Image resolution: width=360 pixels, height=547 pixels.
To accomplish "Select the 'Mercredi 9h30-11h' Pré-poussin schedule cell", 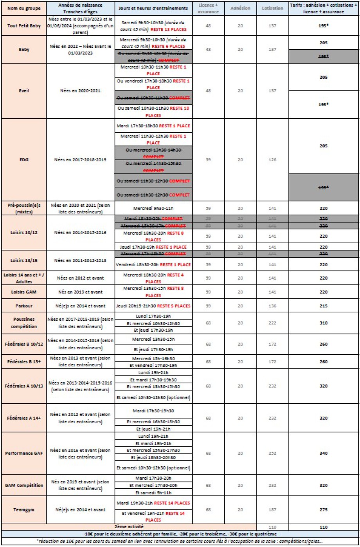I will pyautogui.click(x=153, y=209).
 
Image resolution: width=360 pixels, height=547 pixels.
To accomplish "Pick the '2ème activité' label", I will pyautogui.click(x=129, y=527).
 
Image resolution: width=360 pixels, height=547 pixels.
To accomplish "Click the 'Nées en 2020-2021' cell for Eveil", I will pyautogui.click(x=81, y=90).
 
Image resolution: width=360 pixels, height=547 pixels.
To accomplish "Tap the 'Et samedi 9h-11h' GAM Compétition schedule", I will pyautogui.click(x=153, y=492).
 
